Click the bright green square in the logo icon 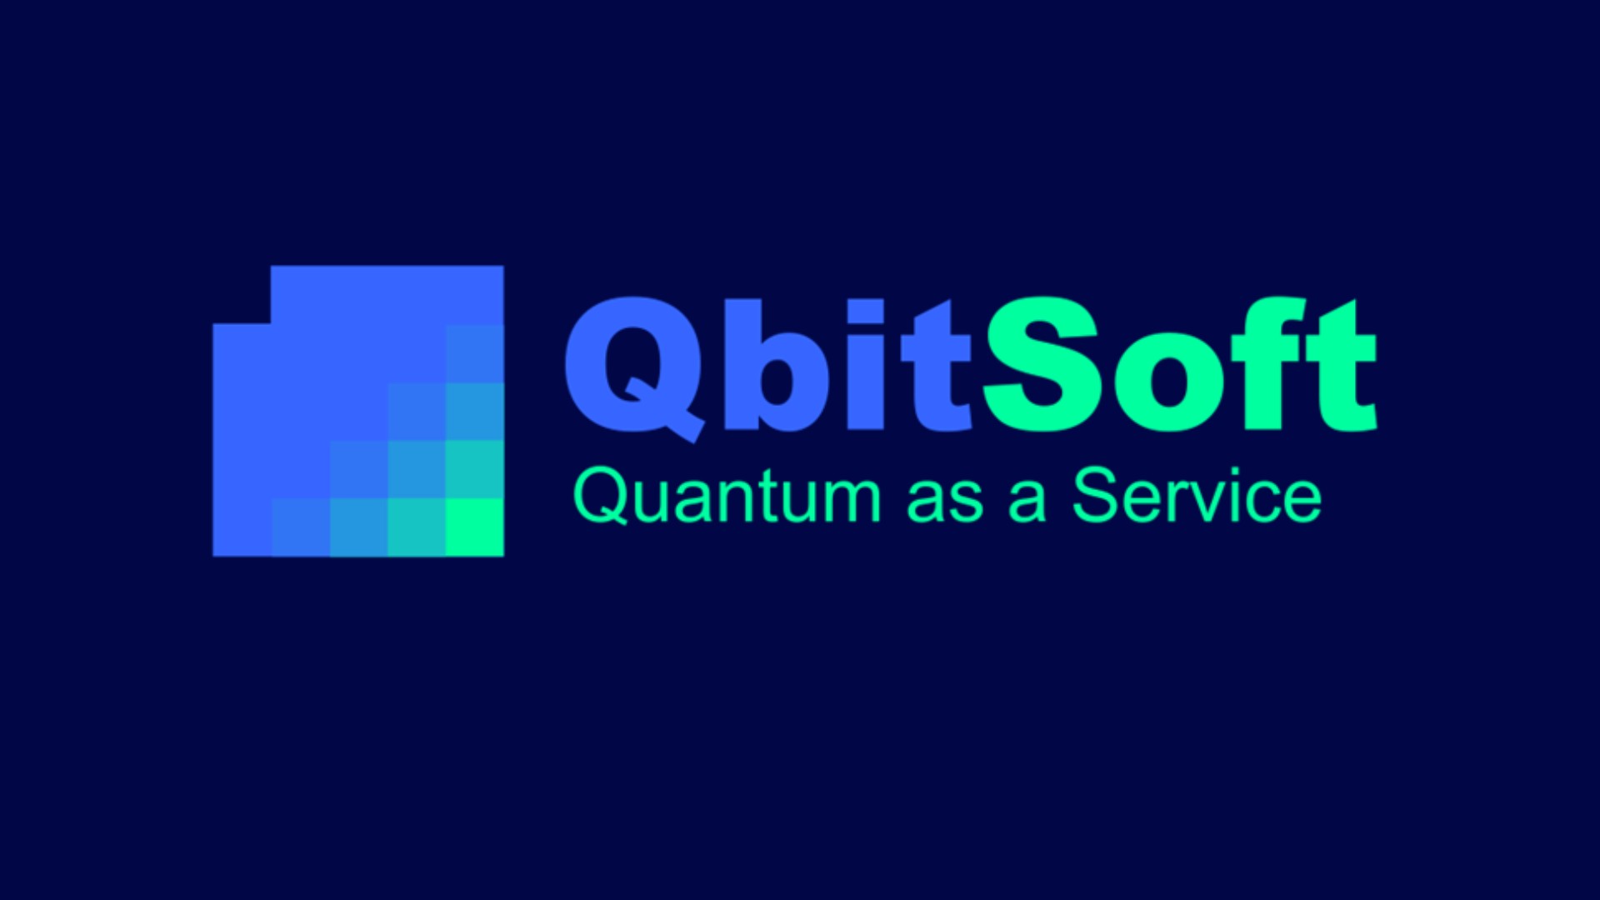point(475,527)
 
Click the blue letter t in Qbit point(936,367)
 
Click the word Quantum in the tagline point(727,497)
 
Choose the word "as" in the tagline point(945,500)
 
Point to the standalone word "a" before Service point(1027,500)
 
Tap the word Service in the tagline point(1197,495)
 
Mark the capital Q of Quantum point(600,497)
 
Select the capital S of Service point(1095,495)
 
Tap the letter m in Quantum point(851,500)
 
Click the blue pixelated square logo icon point(358,411)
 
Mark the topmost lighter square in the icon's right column point(475,353)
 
